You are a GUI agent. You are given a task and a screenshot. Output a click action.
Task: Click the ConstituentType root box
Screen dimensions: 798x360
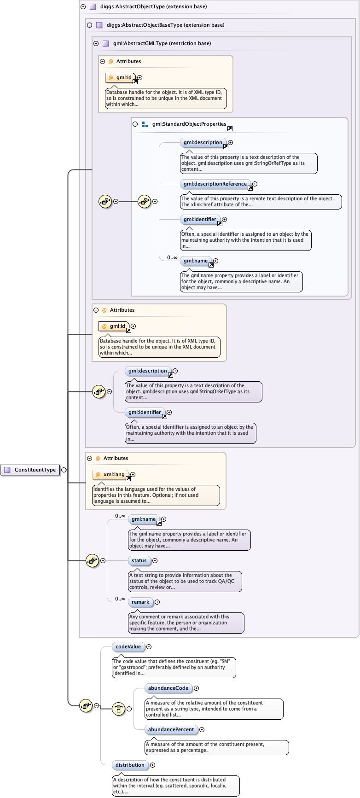click(x=30, y=470)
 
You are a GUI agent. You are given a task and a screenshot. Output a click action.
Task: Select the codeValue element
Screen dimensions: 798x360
click(x=128, y=647)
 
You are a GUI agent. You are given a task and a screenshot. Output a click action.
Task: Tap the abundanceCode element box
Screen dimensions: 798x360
click(x=168, y=688)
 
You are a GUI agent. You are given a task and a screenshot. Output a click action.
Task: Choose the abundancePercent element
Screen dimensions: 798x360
click(x=171, y=729)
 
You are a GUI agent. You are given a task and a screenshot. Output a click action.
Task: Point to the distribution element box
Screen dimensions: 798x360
click(x=130, y=765)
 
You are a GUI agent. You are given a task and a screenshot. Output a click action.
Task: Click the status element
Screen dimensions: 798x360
click(x=139, y=560)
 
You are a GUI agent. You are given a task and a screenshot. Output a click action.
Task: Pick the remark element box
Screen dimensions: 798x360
click(x=140, y=602)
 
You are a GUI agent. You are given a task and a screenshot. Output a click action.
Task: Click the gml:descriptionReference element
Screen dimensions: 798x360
click(x=215, y=184)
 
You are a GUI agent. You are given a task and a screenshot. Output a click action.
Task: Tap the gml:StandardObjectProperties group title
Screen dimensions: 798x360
click(x=189, y=124)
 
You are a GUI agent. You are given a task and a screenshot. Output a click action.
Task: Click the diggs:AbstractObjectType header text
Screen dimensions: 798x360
click(x=153, y=6)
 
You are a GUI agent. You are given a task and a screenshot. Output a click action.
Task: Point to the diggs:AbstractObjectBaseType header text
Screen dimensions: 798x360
click(x=165, y=25)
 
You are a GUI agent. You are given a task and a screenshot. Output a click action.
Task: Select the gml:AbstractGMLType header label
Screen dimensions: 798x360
click(x=162, y=43)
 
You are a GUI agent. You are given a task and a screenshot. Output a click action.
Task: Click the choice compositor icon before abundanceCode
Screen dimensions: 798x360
click(x=118, y=708)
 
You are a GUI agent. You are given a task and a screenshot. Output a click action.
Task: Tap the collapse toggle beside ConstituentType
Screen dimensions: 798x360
click(x=64, y=470)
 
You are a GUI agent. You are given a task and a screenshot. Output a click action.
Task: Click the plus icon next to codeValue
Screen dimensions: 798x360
click(x=149, y=647)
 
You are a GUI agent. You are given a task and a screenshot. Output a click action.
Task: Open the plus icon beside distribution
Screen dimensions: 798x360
click(x=152, y=765)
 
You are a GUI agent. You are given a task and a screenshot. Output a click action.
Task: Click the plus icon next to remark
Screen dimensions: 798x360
click(x=157, y=602)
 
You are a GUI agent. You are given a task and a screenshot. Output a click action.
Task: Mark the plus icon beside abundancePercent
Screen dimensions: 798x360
click(x=202, y=729)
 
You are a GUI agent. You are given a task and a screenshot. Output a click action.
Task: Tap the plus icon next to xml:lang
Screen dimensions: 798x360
click(x=133, y=474)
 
